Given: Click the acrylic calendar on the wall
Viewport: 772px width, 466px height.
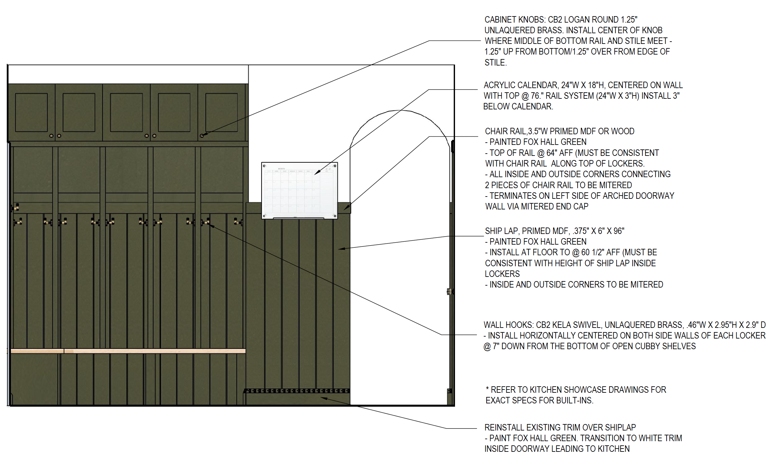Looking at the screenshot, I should click(299, 190).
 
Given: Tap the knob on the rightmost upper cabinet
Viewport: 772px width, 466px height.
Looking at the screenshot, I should click(202, 136).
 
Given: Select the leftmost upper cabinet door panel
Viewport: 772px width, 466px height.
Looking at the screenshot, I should click(31, 112).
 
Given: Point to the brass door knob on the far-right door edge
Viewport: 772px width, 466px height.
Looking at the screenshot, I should click(449, 292).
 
